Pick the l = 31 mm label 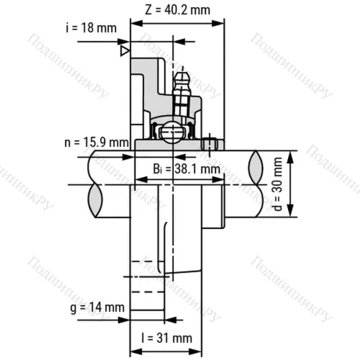click(x=167, y=338)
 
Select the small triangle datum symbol click(x=125, y=51)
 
